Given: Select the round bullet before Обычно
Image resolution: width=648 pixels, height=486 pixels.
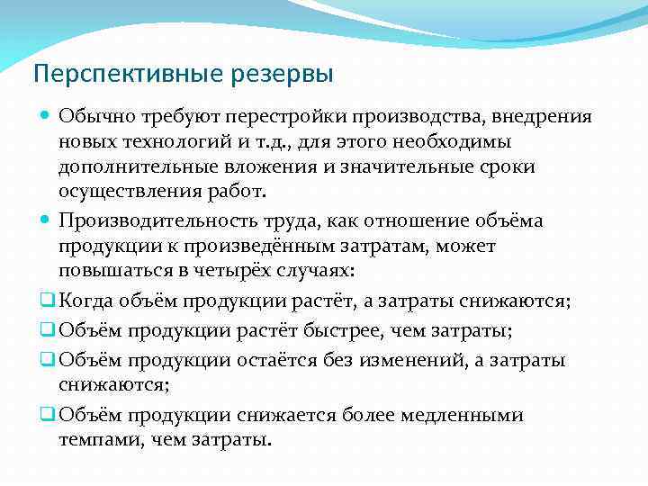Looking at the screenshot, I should [x=46, y=117].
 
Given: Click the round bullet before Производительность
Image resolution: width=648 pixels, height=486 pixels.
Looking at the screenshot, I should [x=46, y=220].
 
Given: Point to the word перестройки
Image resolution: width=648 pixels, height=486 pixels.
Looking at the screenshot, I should [x=285, y=118].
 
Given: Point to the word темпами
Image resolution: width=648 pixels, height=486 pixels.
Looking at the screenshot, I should [x=99, y=440].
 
